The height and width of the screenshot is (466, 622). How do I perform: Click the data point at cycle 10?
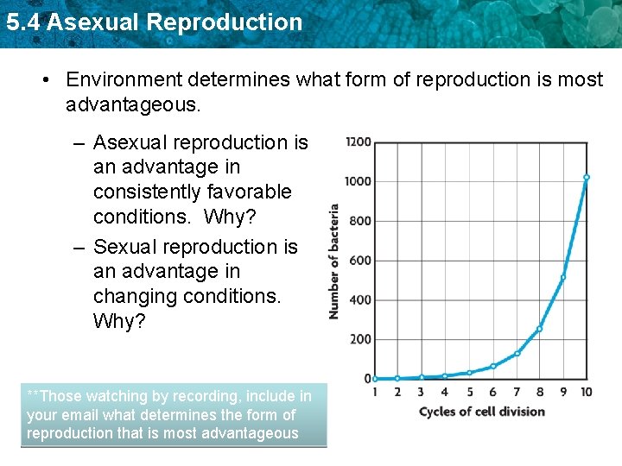click(587, 178)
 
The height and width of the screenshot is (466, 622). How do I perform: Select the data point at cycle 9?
click(563, 278)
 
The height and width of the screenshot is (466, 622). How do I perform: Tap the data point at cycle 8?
click(539, 329)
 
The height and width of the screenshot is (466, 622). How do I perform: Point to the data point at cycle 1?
click(374, 379)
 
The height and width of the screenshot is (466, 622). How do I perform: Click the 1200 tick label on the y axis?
click(359, 142)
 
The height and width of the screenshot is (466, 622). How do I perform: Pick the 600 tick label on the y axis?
click(361, 261)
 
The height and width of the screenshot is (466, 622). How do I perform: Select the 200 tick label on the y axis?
click(361, 339)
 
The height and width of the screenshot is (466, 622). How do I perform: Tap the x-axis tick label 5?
click(469, 392)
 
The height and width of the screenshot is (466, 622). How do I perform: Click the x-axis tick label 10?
click(587, 392)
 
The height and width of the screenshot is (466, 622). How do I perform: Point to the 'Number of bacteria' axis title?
click(333, 261)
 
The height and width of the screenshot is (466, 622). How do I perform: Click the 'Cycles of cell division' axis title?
click(481, 412)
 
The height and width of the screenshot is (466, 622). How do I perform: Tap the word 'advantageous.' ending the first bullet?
click(133, 105)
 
